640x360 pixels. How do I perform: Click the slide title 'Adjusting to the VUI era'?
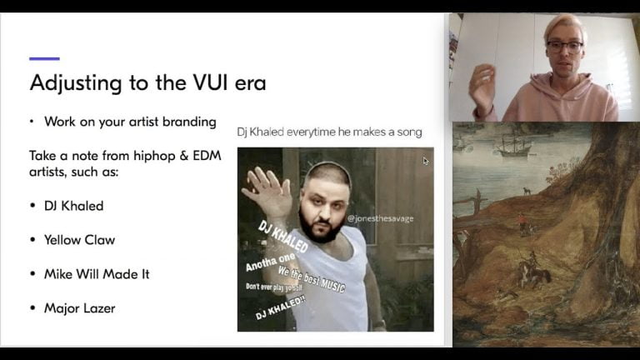147,82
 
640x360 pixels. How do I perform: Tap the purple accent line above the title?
44,58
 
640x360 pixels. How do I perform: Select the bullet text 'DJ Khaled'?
73,206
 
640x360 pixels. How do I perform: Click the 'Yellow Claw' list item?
79,240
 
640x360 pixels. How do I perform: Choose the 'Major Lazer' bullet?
79,308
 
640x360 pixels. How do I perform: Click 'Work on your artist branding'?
130,122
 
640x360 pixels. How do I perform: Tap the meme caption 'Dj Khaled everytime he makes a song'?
329,132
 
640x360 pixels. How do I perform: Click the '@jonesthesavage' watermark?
380,219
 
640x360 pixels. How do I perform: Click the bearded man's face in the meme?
321,204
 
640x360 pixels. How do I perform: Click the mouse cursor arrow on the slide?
426,161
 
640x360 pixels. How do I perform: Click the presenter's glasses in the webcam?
564,47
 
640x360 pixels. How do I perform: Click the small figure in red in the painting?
522,220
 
